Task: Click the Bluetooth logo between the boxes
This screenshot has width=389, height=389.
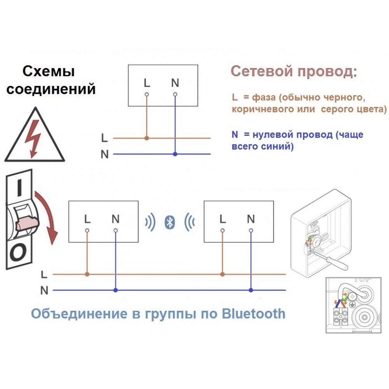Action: point(170,222)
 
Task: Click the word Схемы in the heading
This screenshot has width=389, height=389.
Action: point(49,72)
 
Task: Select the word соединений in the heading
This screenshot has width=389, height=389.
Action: point(51,89)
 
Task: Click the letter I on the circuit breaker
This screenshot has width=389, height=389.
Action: point(19,188)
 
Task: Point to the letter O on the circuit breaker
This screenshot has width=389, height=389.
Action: point(18,252)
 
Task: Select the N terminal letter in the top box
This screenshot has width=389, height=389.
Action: point(175,82)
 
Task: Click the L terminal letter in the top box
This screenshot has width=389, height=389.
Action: point(147,82)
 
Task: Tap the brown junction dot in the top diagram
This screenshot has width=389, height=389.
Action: point(147,138)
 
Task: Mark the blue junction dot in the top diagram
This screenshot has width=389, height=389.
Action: point(175,154)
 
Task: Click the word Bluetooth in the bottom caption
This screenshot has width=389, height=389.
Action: point(253,314)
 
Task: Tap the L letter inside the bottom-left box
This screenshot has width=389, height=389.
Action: point(87,219)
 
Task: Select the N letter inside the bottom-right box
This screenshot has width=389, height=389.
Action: point(251,219)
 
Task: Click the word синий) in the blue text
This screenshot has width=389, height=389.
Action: point(278,146)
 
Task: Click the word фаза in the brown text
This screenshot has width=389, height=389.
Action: point(264,97)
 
